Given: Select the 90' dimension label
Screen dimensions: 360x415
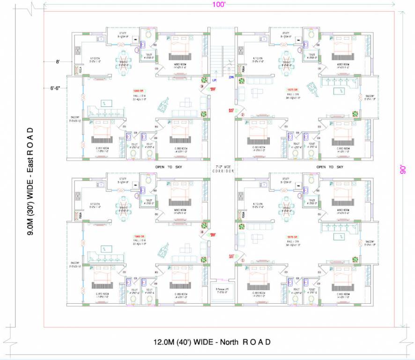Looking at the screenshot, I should (401, 169).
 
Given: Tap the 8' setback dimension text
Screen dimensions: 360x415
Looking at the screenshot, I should (58, 61).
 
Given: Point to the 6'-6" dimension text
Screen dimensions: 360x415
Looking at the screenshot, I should (57, 88).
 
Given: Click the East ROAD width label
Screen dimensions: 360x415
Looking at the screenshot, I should (30, 180).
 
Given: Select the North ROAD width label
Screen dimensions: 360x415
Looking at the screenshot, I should (212, 342).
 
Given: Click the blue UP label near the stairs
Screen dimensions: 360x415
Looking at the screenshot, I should (214, 80).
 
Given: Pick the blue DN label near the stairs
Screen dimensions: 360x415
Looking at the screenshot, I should (230, 77).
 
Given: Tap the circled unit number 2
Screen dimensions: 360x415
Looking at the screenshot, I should (243, 115).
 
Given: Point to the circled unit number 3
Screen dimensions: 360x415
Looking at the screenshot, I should (202, 87).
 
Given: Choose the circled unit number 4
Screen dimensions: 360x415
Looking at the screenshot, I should (202, 232).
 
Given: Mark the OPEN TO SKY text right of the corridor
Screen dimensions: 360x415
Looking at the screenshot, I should (330, 167).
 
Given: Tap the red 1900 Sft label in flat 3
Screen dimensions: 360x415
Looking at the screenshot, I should (139, 91).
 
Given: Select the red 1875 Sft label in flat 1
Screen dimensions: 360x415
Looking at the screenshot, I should (293, 237).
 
